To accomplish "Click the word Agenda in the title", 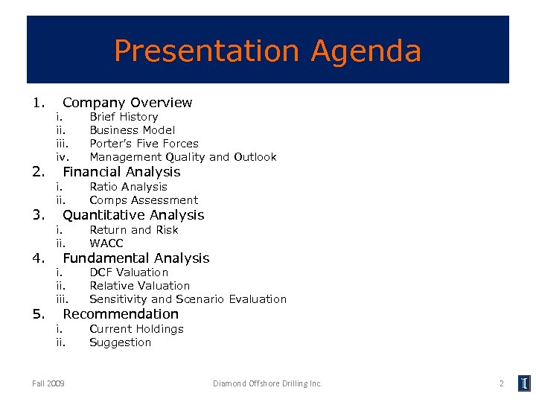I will point(366,52).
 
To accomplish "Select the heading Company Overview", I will point(127,103).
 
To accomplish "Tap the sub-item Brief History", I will point(124,117).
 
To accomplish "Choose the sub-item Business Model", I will point(132,130).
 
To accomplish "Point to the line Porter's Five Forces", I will point(144,144).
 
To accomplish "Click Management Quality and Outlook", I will point(182,157).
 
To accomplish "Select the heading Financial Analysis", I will point(121,172).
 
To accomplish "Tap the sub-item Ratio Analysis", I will point(128,187).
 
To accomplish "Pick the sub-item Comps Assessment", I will point(144,200).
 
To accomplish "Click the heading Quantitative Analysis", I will point(133,215).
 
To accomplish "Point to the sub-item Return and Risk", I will point(134,230).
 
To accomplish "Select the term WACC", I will point(106,243).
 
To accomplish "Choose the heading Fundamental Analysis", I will point(136,258).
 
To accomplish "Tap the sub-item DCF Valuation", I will point(129,272).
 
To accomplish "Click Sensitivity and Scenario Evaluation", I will point(188,299).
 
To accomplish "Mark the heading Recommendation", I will point(121,314).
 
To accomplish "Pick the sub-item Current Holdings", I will point(136,329).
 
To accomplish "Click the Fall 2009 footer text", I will point(48,383).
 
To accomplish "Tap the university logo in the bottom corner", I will point(524,383).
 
